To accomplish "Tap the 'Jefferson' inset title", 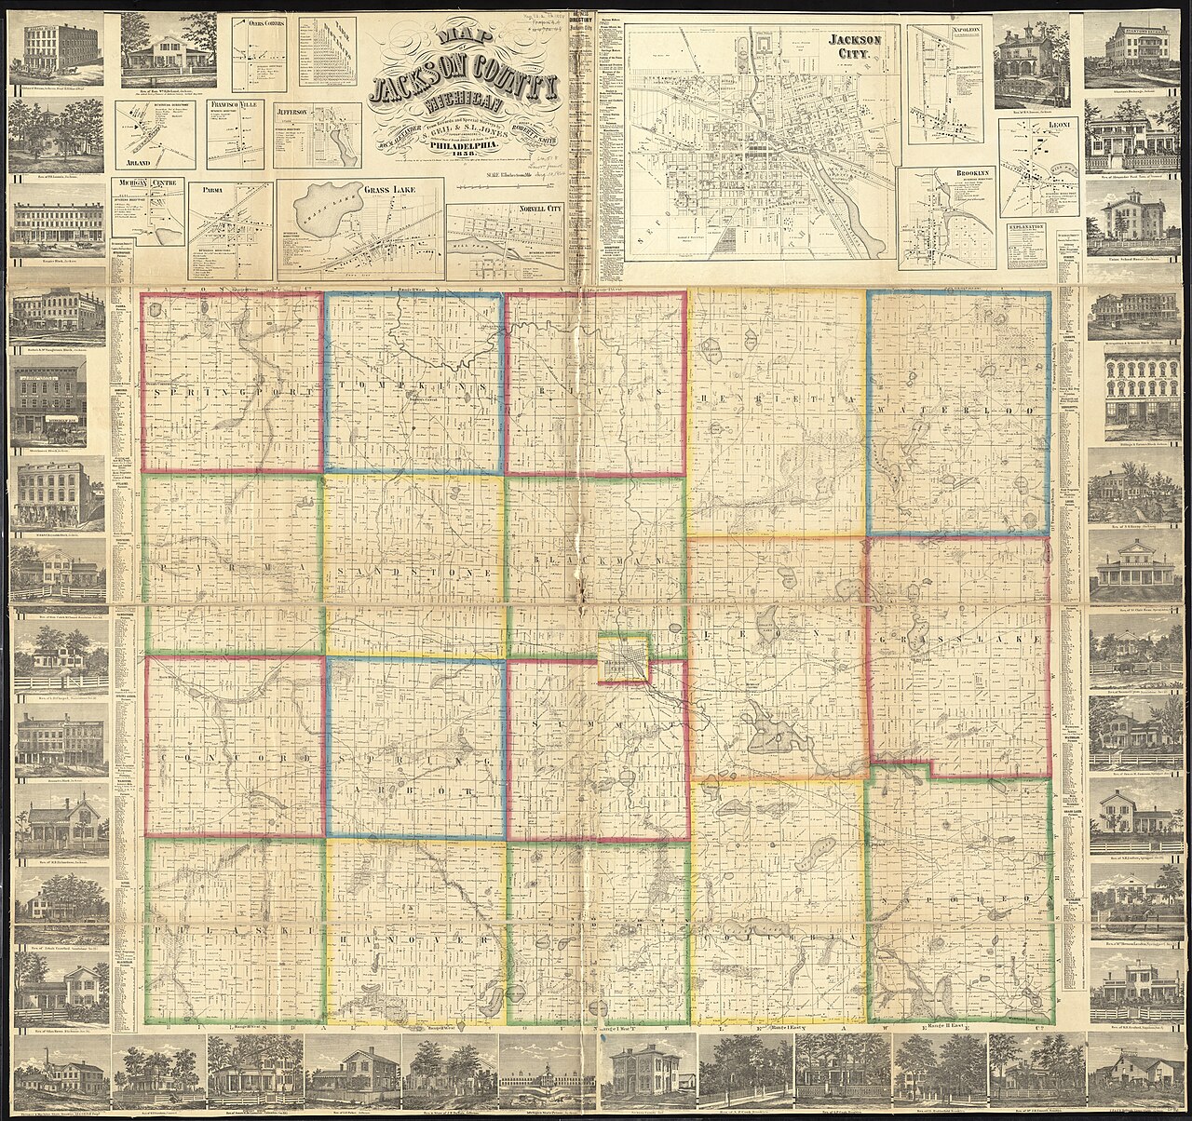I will [296, 110].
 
